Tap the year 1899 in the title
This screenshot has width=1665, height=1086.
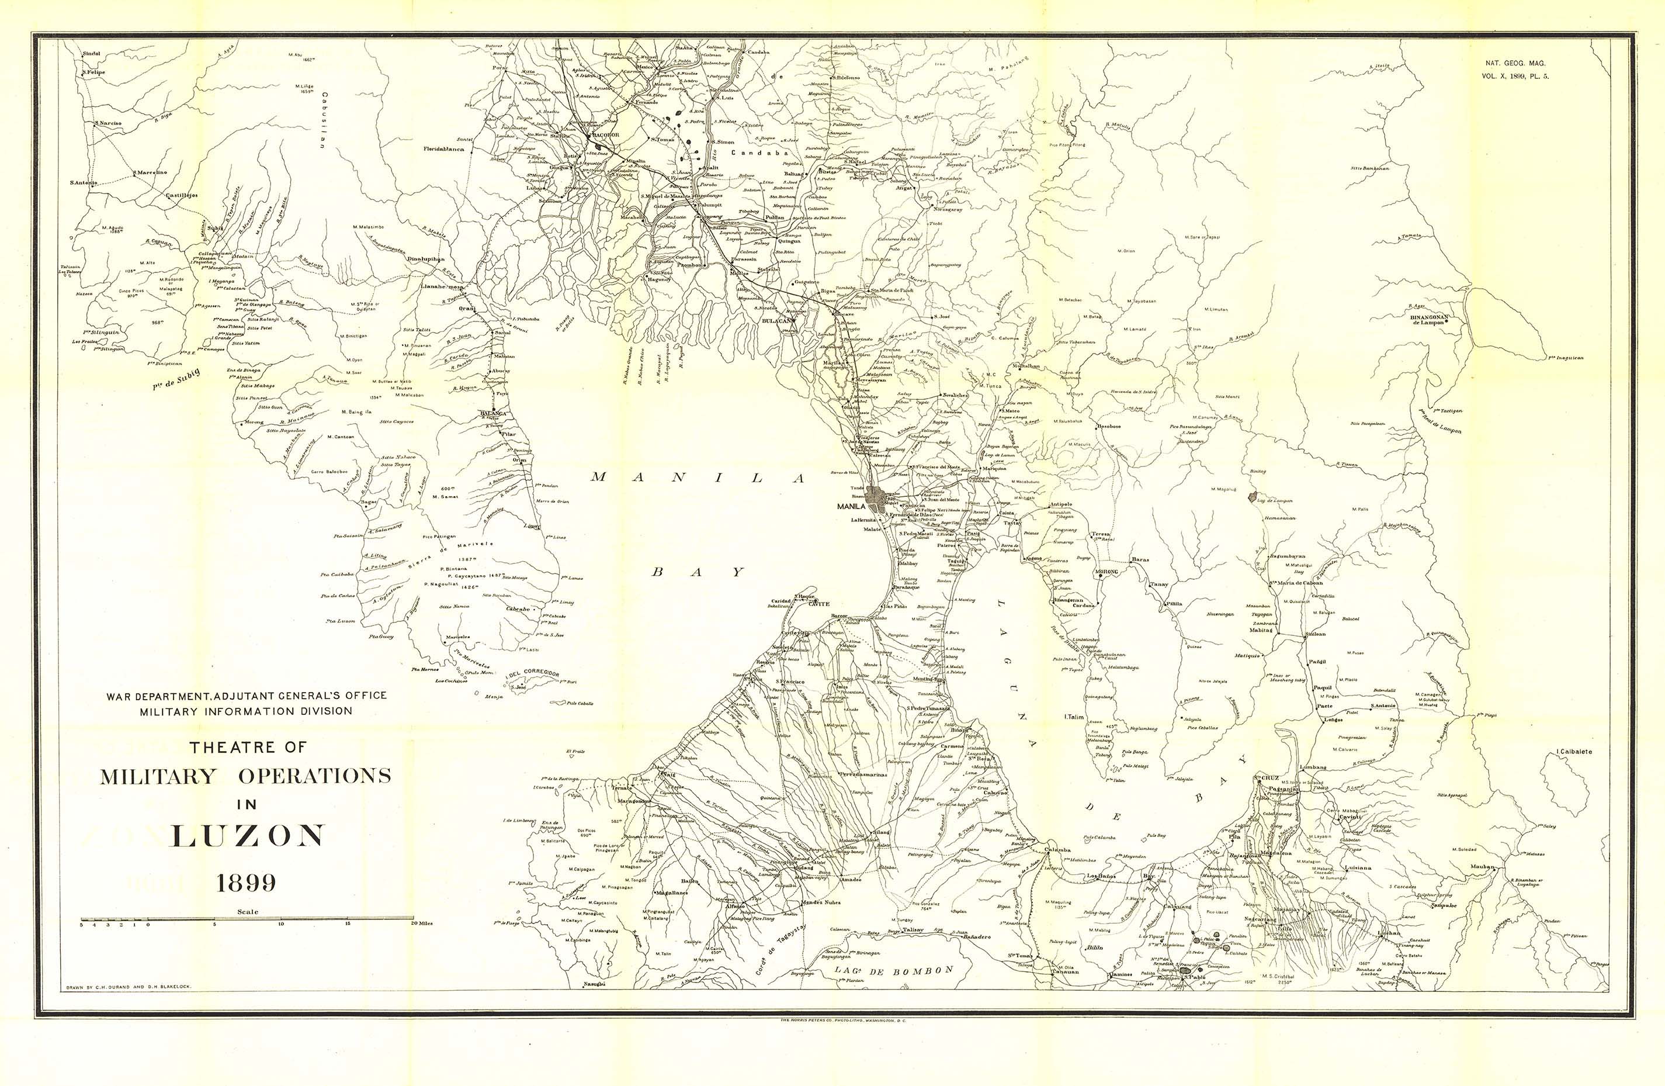(245, 883)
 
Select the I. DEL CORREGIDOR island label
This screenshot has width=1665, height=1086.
(535, 676)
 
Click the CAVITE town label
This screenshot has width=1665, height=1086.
(818, 604)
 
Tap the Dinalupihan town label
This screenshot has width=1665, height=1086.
(426, 258)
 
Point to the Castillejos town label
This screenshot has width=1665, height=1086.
(181, 196)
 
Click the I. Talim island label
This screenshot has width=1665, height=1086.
(1074, 717)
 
